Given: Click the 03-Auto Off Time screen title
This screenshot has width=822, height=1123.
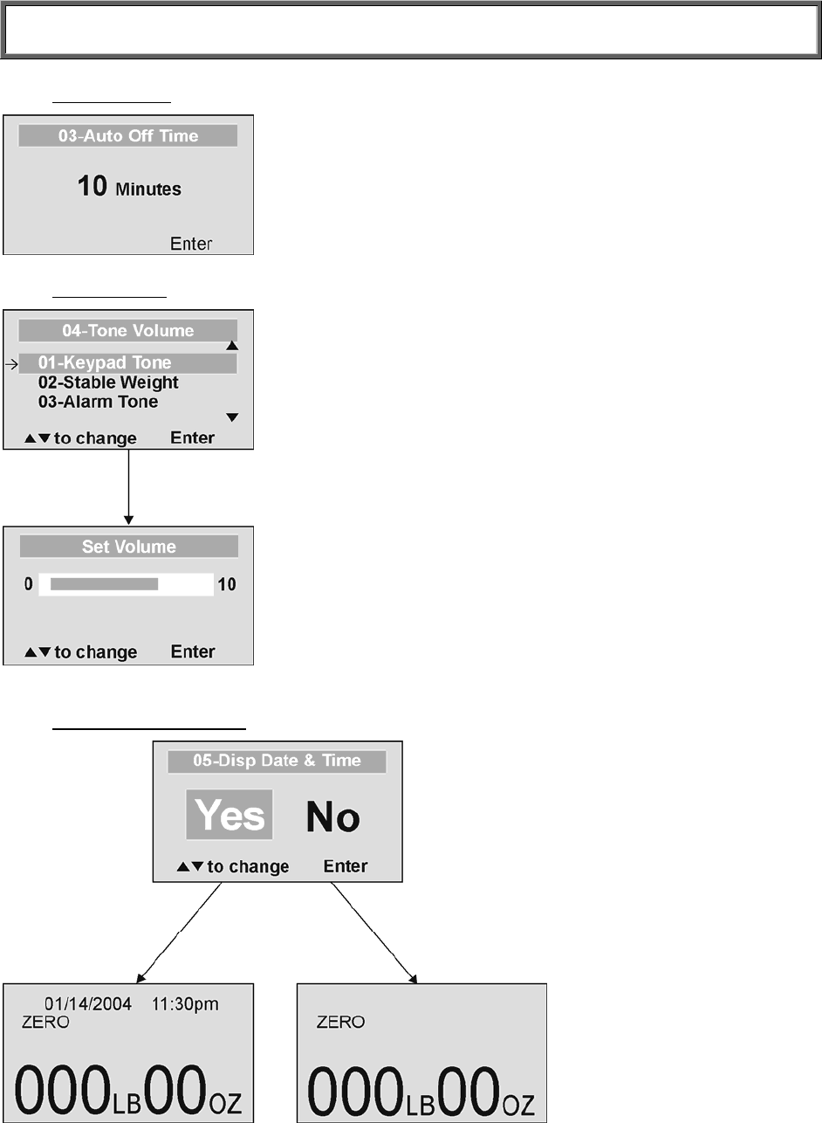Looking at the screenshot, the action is [128, 136].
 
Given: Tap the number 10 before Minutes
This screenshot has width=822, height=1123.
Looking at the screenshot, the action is [92, 186].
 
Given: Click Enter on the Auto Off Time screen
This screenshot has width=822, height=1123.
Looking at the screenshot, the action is [191, 244].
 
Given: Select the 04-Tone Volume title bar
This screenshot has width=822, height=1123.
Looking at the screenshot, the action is [128, 331].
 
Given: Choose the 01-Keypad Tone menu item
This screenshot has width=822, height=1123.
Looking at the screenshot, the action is [105, 363].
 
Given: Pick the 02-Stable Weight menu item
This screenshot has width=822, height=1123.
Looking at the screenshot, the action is [108, 382].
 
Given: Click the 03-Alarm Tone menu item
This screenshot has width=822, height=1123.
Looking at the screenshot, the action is [98, 402].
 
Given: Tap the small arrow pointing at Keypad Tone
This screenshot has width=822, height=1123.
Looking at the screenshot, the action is [10, 363].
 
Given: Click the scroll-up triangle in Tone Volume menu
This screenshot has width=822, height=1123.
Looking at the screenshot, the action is [232, 346].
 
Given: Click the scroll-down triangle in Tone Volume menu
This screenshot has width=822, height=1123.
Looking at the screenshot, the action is [232, 417].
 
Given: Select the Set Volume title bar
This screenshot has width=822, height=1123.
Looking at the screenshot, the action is [129, 548].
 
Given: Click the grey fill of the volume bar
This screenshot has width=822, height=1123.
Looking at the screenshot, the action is [104, 584].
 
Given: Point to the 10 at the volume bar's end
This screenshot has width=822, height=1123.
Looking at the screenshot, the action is [227, 584].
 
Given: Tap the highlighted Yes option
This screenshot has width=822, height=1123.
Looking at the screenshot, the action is [229, 816].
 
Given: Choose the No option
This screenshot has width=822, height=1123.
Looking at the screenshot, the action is [332, 817].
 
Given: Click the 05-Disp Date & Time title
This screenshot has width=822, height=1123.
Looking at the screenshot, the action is [277, 761].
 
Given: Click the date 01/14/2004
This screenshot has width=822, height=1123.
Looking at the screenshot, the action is [88, 1004].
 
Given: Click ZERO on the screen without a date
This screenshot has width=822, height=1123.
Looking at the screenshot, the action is [340, 1022].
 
